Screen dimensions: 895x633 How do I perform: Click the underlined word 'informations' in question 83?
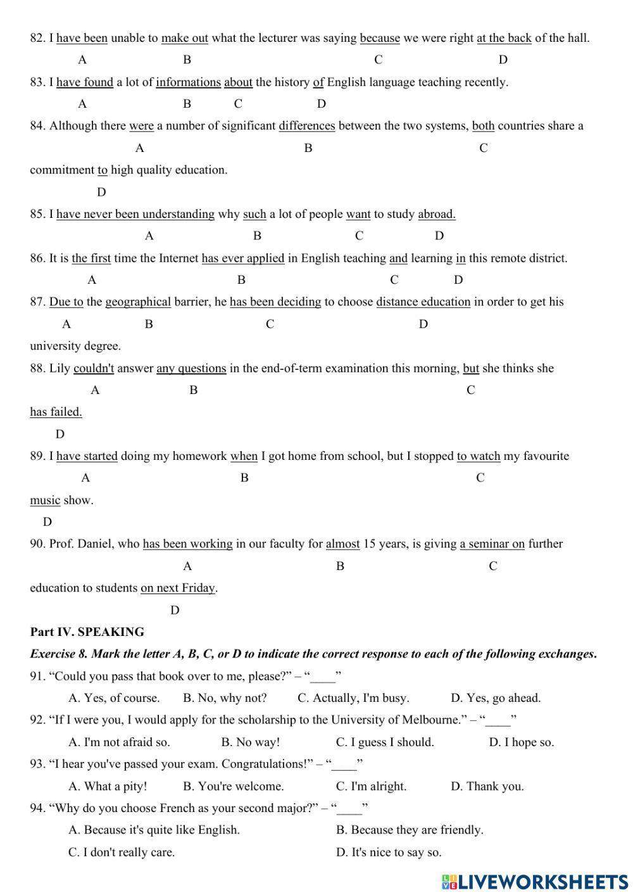point(188,82)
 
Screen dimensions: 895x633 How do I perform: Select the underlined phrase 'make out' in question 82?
point(184,38)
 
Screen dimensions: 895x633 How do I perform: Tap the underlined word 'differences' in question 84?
point(306,126)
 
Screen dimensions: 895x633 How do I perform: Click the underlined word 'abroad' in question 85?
point(436,214)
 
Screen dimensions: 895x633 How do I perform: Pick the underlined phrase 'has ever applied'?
point(242,258)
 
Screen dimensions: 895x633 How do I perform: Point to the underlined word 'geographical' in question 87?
point(138,302)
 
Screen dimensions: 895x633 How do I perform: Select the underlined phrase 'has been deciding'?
point(275,302)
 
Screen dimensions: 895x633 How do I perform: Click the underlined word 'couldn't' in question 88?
point(94,369)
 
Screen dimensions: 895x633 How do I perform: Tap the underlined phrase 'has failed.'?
point(56,412)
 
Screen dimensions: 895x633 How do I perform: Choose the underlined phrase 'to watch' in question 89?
point(478,456)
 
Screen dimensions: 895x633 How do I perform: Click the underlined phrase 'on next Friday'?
point(178,588)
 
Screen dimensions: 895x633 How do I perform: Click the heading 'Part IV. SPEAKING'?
point(87,632)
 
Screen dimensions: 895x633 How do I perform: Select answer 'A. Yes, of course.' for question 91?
point(114,698)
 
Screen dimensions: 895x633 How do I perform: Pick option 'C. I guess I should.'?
point(385,742)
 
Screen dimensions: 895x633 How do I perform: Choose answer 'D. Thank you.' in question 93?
point(487,787)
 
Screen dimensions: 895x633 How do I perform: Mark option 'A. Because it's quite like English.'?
point(154,830)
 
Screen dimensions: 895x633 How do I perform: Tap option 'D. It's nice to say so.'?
point(388,853)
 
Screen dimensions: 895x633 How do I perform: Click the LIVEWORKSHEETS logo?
point(535,882)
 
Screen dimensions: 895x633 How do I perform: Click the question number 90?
point(37,544)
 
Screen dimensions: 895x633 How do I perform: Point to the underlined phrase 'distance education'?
point(423,302)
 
